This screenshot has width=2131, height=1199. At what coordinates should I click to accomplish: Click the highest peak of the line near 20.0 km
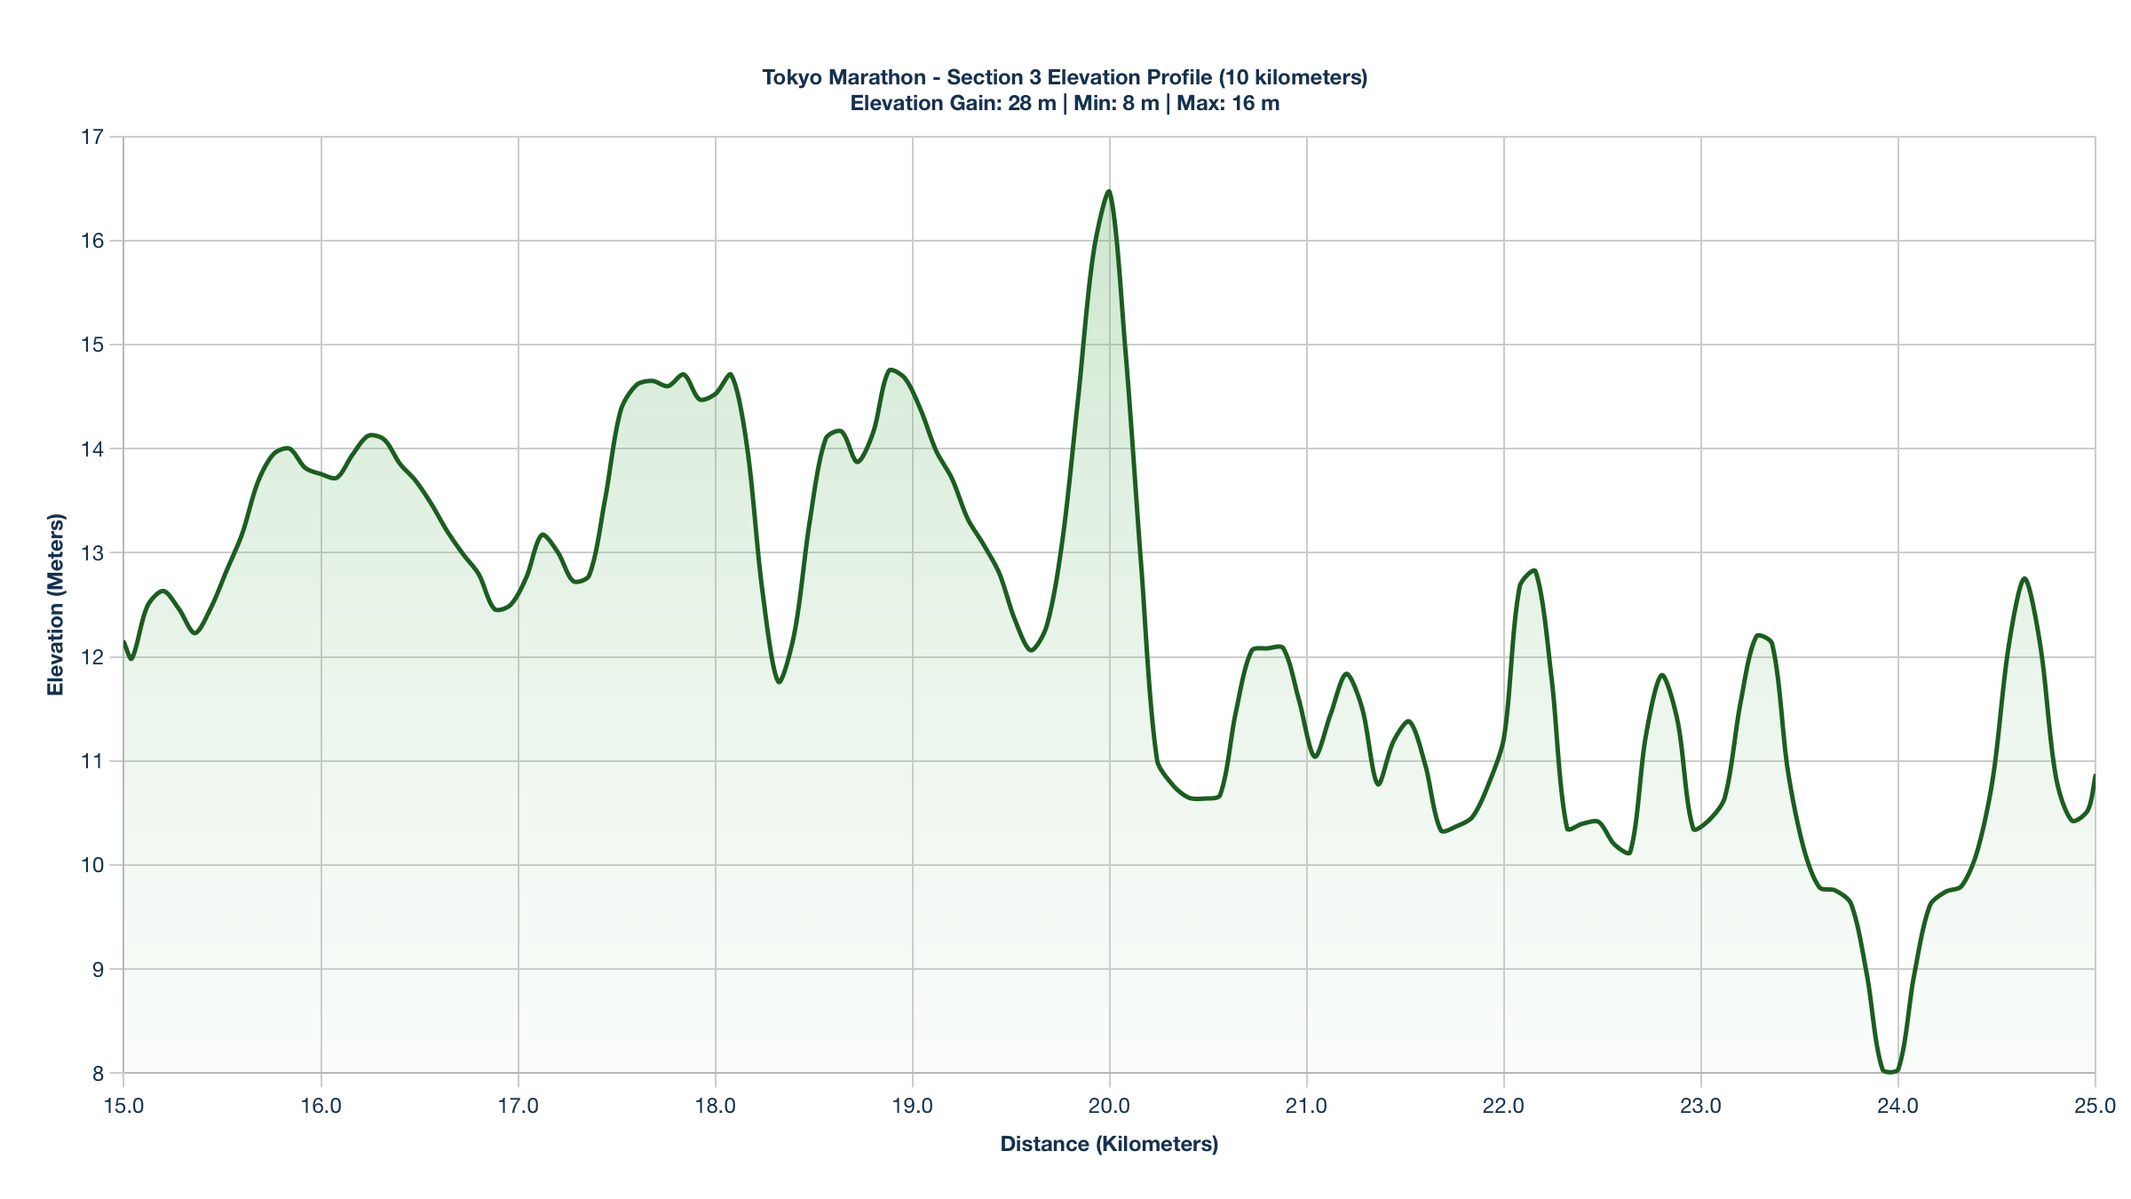[1108, 191]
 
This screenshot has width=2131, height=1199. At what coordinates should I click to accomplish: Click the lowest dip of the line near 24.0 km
[1889, 1072]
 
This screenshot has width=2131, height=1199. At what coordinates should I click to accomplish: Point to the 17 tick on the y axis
[92, 137]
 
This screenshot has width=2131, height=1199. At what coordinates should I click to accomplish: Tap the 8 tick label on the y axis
[97, 1074]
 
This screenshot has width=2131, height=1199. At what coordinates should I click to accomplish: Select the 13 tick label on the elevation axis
[92, 553]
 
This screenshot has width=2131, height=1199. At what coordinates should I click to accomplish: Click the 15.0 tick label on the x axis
[123, 1106]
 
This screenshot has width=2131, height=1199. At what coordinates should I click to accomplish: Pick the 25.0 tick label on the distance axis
[2095, 1106]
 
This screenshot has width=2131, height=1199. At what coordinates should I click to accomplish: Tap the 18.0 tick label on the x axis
[715, 1106]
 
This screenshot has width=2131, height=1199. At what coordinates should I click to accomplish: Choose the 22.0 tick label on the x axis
[1503, 1106]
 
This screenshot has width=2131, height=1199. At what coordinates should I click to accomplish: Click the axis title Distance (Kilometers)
[1109, 1144]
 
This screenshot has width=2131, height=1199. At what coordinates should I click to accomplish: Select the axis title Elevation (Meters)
[56, 605]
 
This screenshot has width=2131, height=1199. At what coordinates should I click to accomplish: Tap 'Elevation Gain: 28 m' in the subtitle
[953, 103]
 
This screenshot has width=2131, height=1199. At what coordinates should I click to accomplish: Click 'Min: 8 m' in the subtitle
[1116, 103]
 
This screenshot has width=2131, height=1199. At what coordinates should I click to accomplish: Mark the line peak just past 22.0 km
[1533, 570]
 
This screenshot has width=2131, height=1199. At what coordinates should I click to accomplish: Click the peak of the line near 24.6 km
[2024, 578]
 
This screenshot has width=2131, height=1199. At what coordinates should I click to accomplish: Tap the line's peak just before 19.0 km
[890, 369]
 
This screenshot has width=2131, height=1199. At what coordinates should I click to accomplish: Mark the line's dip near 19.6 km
[1031, 651]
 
